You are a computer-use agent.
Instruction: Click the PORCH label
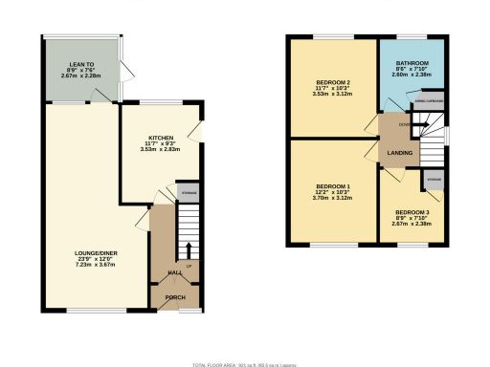click(175, 297)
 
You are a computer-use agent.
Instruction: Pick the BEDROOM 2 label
click(332, 83)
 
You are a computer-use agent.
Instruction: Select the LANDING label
click(399, 153)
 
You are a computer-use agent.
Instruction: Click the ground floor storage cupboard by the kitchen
click(188, 192)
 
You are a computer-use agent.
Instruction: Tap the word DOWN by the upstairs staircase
click(403, 123)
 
